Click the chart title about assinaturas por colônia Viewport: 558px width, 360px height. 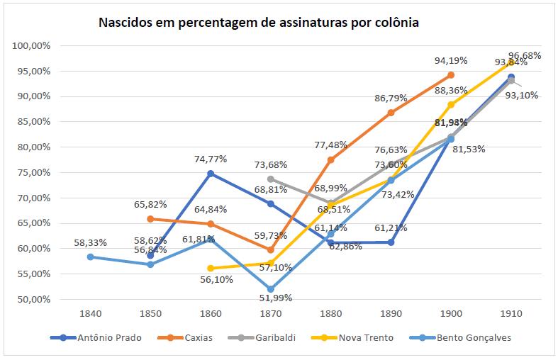coord(258,23)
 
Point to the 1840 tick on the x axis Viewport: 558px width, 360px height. coord(90,312)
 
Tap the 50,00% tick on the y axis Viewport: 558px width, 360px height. coord(32,299)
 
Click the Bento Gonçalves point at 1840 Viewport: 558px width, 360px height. coord(90,257)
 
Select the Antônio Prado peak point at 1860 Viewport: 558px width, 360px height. coord(211,174)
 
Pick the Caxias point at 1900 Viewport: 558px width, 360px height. coord(450,75)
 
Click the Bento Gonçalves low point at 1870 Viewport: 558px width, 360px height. coord(271,289)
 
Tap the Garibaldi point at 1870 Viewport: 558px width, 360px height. coord(271,179)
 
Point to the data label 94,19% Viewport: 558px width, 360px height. coord(452,61)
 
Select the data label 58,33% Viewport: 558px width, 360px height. coord(90,242)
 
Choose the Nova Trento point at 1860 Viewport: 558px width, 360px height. coord(211,268)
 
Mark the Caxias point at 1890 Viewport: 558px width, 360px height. coord(391,113)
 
